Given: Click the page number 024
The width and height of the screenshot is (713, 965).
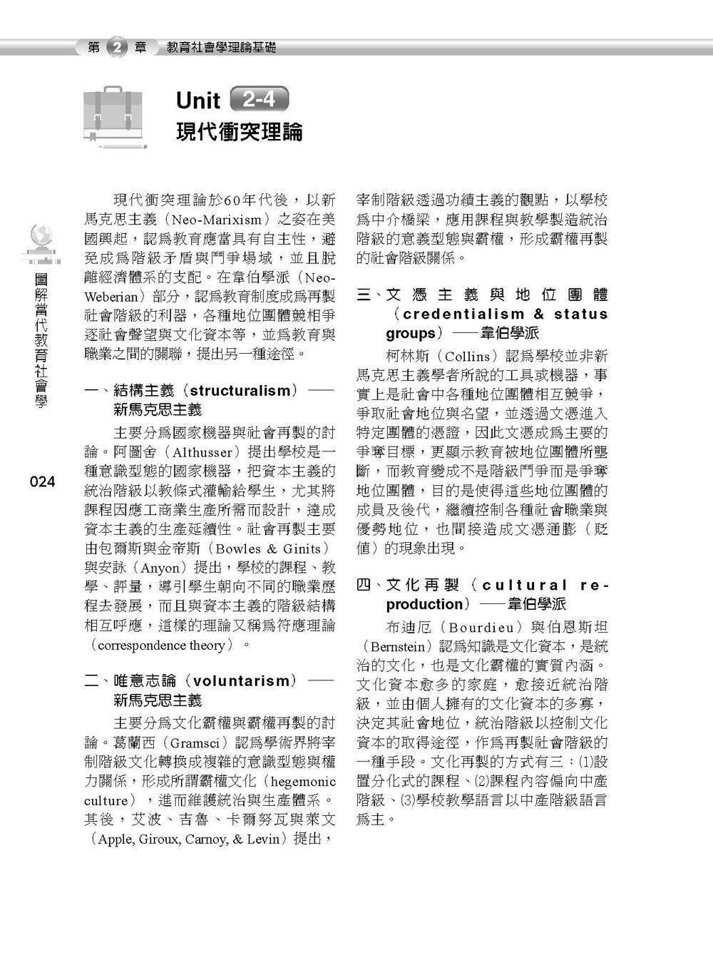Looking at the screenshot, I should coord(42,482).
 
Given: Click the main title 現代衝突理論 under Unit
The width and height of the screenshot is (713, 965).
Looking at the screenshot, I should coord(240,133).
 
